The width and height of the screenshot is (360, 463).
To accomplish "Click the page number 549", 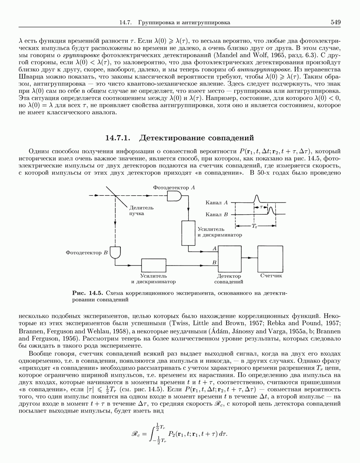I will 335,22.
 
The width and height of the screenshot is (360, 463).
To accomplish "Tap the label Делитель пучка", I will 141,210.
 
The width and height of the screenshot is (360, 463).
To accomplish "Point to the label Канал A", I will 216,203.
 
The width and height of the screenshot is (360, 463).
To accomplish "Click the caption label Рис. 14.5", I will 88,293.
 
